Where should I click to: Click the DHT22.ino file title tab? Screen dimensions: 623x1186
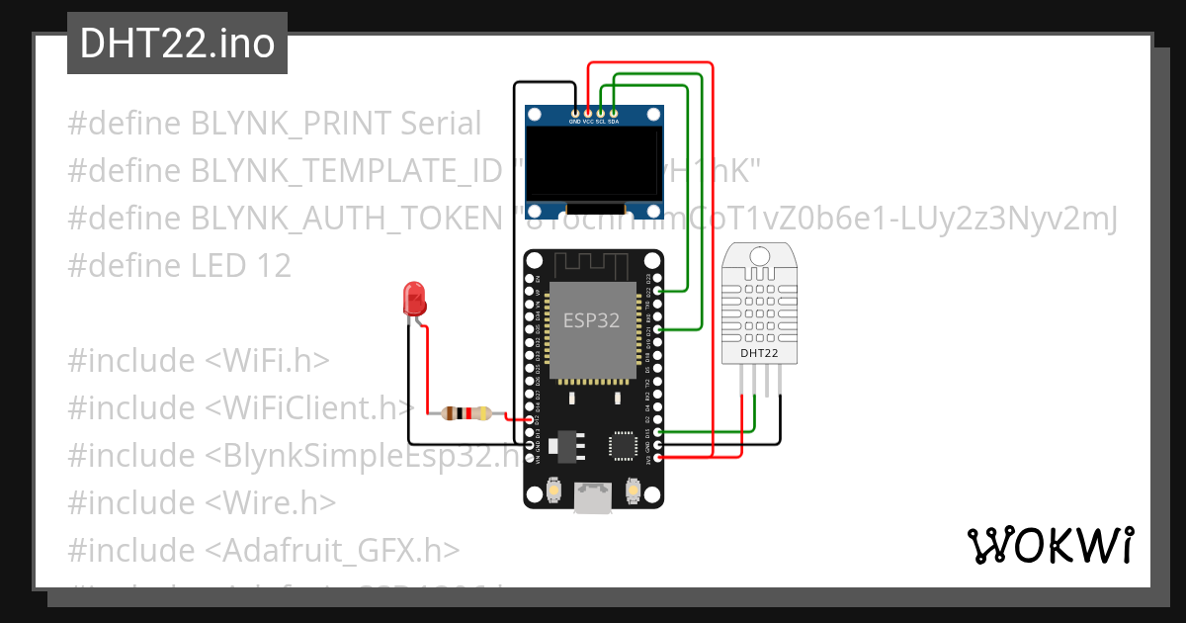point(177,44)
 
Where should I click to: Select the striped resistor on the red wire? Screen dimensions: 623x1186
point(466,413)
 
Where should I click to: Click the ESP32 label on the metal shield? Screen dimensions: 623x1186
point(592,319)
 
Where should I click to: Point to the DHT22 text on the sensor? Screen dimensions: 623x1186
point(759,352)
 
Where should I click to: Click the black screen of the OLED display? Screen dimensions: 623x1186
point(594,164)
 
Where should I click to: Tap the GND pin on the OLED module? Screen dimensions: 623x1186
point(575,115)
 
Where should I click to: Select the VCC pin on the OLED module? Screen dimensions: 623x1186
point(588,115)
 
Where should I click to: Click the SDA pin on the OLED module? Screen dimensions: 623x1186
point(613,115)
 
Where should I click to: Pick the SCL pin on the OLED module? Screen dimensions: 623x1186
point(600,115)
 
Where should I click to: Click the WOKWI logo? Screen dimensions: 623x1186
point(1051,545)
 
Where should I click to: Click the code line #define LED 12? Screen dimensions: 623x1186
point(180,265)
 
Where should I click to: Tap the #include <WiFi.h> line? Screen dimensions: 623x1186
point(199,361)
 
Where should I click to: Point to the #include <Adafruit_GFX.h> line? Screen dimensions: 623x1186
point(264,550)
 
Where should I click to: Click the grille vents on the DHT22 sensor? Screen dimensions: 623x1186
point(759,302)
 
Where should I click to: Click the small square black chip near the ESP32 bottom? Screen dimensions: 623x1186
point(624,445)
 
